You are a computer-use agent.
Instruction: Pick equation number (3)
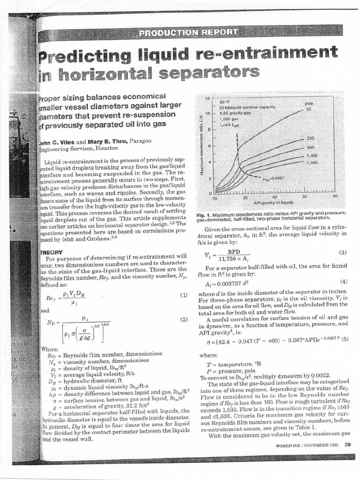(342, 253)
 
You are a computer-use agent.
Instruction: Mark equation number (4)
(343, 282)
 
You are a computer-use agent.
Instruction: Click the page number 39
(347, 445)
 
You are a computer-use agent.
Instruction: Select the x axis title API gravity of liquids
(273, 203)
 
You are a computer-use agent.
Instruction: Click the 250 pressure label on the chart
(309, 138)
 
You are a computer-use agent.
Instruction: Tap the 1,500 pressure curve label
(312, 162)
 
